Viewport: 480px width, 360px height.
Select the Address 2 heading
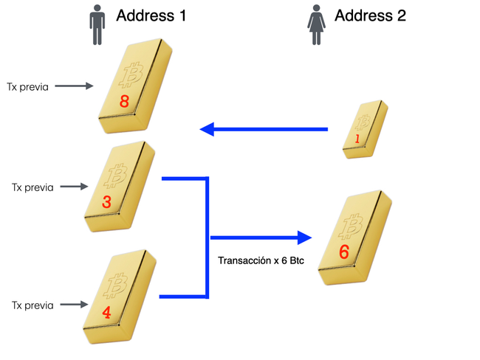pos(370,15)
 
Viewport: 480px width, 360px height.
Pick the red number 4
pos(106,312)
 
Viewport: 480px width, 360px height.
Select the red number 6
pos(343,252)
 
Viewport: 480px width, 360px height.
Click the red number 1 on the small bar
pos(357,139)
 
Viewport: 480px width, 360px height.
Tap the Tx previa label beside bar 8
pos(27,87)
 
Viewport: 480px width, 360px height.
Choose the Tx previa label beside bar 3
pos(32,187)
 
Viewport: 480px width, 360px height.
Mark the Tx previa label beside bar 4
pos(33,304)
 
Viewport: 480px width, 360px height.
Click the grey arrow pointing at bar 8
pos(75,87)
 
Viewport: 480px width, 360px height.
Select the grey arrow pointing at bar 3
pos(74,187)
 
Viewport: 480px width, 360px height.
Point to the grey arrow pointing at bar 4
pos(75,304)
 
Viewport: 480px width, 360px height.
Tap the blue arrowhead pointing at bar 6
pos(302,238)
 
